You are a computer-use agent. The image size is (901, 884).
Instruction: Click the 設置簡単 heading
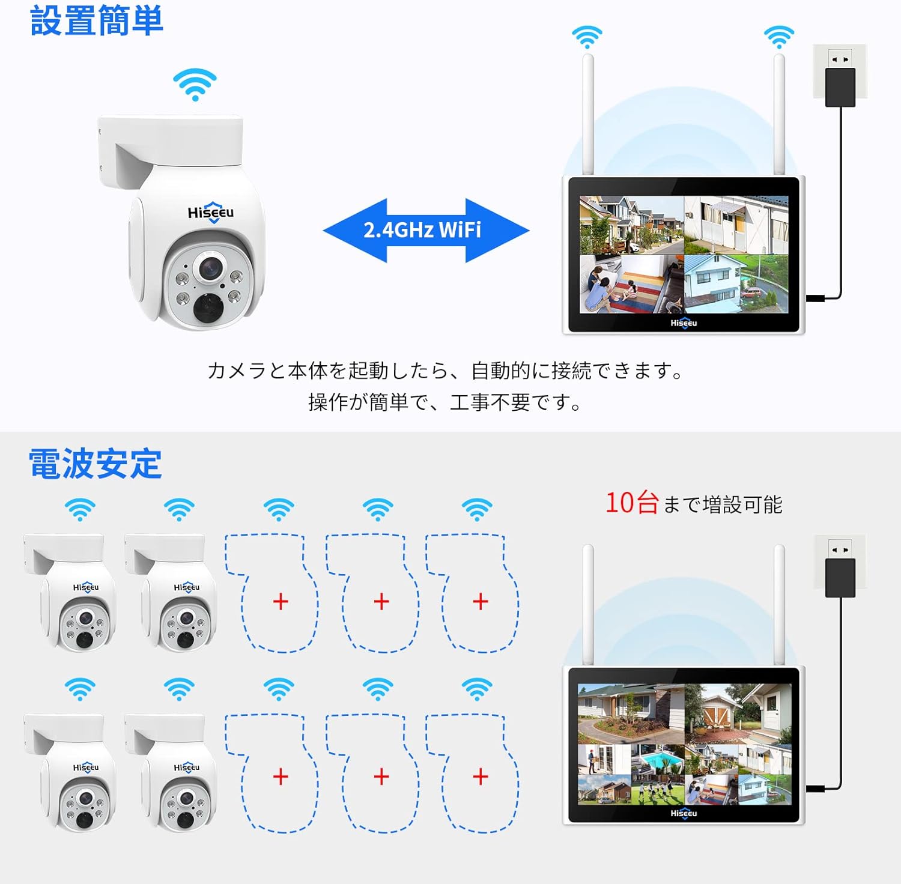(x=96, y=20)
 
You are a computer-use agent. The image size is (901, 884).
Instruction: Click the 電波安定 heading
(x=96, y=464)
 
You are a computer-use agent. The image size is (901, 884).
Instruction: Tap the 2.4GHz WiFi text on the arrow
(x=422, y=230)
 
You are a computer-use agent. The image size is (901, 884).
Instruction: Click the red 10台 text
(x=632, y=503)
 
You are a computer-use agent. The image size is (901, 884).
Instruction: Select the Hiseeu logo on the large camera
(x=211, y=213)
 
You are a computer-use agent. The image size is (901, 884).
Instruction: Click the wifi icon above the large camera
(x=195, y=84)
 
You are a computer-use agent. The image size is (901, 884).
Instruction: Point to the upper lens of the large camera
(x=209, y=268)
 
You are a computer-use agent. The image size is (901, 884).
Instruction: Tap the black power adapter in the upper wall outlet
(x=840, y=88)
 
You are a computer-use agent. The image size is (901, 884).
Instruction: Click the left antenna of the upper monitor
(x=588, y=114)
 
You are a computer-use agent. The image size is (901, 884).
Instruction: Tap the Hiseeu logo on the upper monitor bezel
(x=684, y=323)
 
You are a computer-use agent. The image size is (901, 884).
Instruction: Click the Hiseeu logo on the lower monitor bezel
(x=684, y=813)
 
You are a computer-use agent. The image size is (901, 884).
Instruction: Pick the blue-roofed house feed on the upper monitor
(x=736, y=284)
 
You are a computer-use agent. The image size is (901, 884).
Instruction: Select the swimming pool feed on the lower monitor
(x=657, y=760)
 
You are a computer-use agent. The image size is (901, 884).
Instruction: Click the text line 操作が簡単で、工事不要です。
(x=445, y=402)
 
